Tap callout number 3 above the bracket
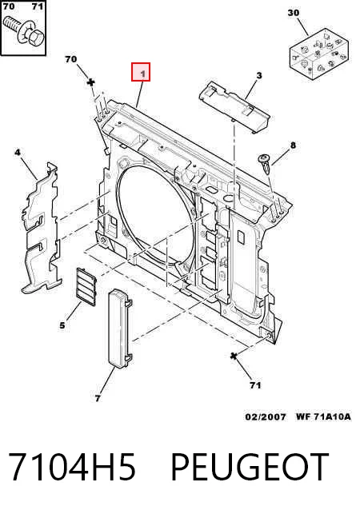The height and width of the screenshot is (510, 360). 258,76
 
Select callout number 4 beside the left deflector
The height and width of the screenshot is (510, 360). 18,152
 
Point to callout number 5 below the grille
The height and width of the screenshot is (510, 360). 62,325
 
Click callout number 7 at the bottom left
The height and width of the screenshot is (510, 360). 98,398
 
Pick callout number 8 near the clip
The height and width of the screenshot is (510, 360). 293,145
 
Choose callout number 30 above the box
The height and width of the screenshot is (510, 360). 294,13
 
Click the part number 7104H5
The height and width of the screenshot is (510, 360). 72,467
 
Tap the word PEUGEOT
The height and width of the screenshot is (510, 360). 250,467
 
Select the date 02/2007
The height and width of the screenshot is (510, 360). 266,416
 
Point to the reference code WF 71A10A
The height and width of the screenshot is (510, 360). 323,416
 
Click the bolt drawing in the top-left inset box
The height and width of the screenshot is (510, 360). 23,32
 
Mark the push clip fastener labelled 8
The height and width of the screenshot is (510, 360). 264,164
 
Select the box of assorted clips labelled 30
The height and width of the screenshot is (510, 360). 319,54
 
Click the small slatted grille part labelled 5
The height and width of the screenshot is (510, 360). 86,287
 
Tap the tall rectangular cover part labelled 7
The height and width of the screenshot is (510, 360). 120,329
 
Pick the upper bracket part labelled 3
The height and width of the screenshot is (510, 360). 234,106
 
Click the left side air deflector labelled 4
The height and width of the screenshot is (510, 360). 41,229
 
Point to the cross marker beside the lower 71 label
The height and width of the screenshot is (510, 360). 234,357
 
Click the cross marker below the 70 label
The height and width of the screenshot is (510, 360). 91,82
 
